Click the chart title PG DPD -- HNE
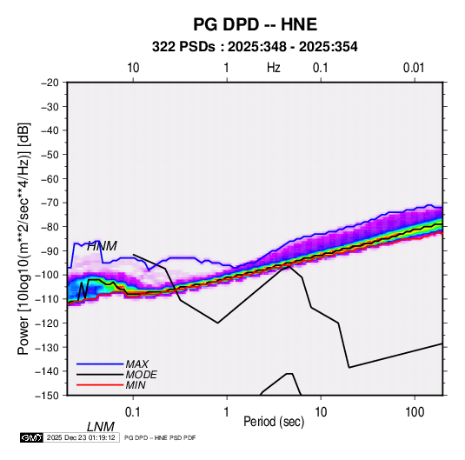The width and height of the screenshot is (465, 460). [x=255, y=24]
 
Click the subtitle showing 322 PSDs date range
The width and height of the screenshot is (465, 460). [x=255, y=47]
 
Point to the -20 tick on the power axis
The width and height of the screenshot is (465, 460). [x=50, y=83]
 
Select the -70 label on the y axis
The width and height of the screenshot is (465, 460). [x=50, y=203]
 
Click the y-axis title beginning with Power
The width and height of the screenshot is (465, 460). [x=23, y=238]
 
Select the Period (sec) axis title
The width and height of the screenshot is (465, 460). [x=274, y=421]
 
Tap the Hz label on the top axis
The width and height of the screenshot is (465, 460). [x=273, y=68]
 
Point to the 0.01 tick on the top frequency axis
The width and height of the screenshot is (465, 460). [x=414, y=68]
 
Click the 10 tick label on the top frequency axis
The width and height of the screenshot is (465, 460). [x=133, y=68]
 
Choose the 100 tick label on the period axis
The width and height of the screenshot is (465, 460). [x=415, y=412]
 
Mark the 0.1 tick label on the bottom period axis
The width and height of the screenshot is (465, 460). [x=133, y=412]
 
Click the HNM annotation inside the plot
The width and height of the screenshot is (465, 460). [x=102, y=246]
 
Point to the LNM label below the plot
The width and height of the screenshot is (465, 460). [x=100, y=427]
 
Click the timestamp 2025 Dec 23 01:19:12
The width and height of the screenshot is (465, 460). [x=81, y=437]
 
